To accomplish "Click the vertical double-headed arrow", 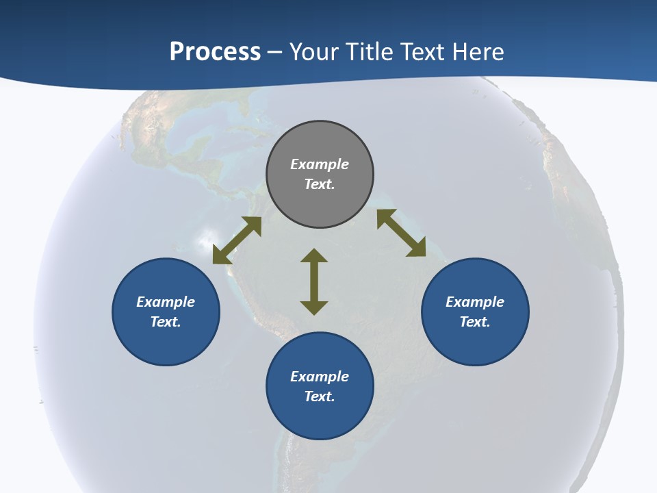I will (314, 281).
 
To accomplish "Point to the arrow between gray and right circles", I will (401, 233).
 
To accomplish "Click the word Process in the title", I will (215, 52).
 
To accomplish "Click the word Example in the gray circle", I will (320, 164).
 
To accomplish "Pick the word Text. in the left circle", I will (166, 322).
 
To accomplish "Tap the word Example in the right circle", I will (475, 302).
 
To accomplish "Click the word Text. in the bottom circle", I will (320, 396).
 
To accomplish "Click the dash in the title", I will (275, 52).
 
